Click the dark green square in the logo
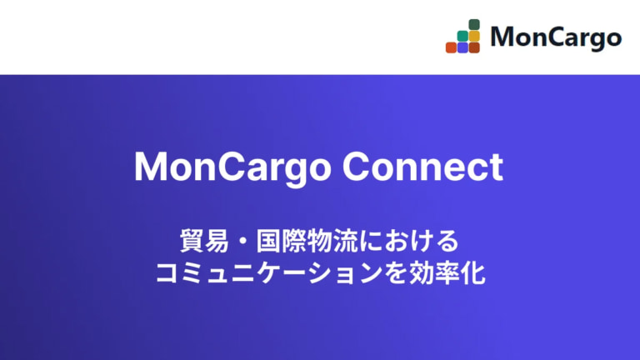click(x=474, y=25)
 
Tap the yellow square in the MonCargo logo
click(x=474, y=37)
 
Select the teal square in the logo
click(x=462, y=37)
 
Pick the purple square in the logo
click(x=462, y=47)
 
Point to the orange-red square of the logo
click(x=451, y=47)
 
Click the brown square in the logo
click(x=474, y=47)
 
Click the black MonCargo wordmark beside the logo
click(x=556, y=37)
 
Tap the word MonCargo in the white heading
click(x=232, y=167)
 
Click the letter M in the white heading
click(x=151, y=167)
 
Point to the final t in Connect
click(x=497, y=167)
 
